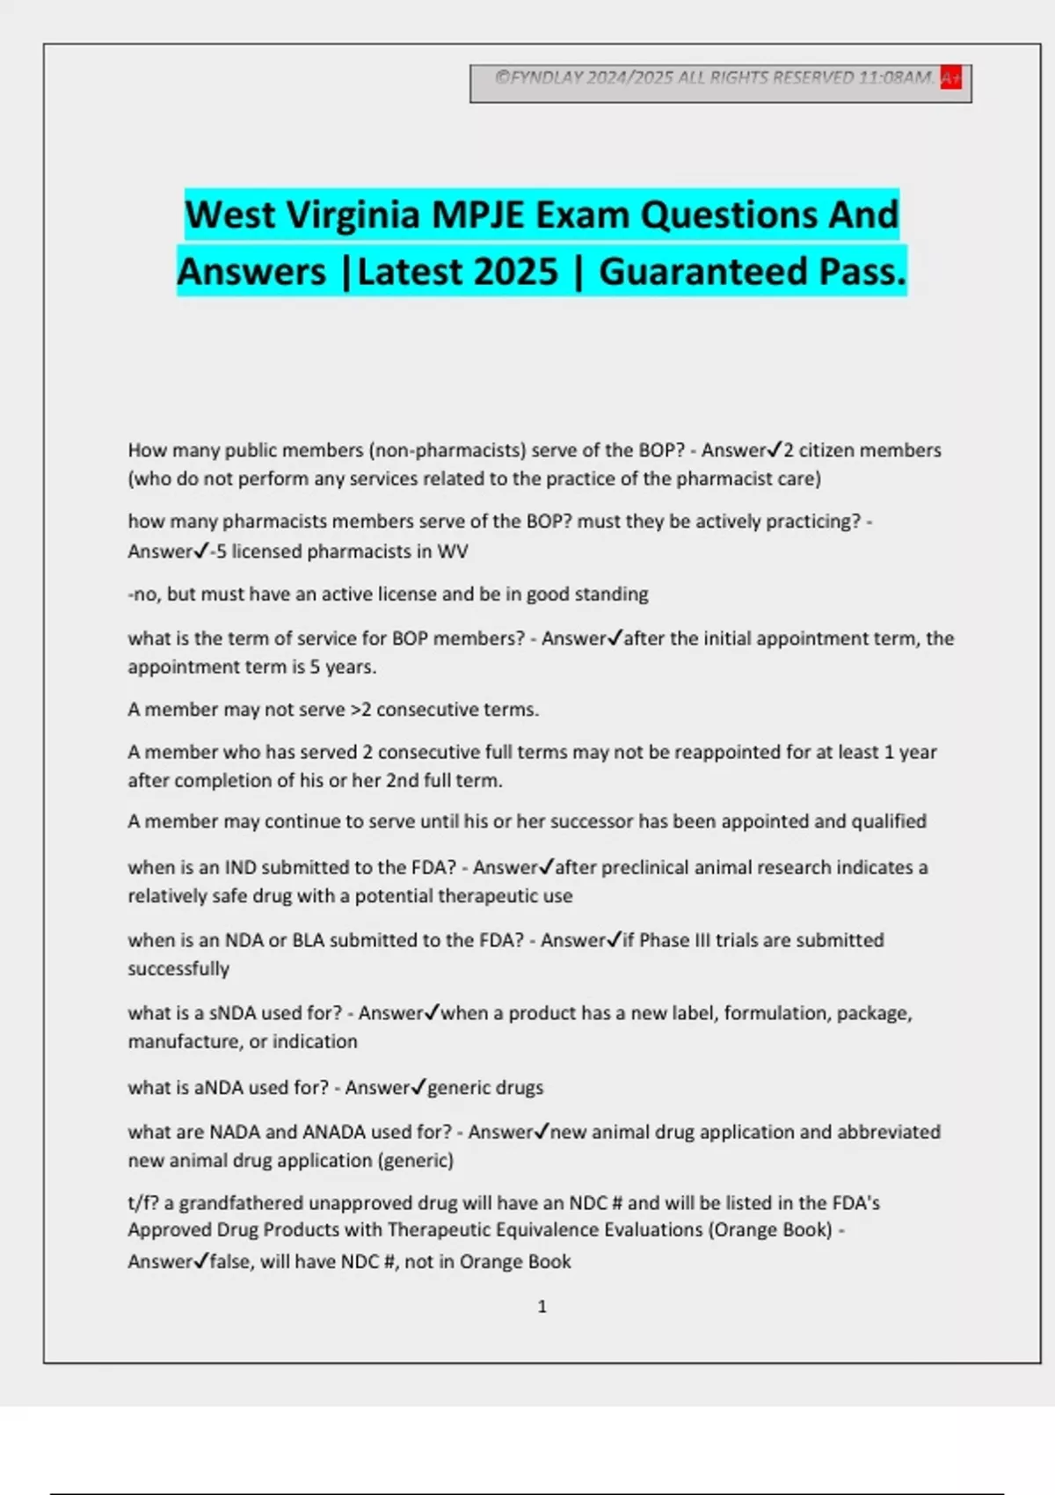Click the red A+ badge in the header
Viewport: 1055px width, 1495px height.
point(950,77)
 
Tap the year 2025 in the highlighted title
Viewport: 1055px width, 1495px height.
point(514,272)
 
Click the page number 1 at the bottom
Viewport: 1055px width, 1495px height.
point(542,1307)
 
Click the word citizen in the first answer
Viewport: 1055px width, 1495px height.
point(824,450)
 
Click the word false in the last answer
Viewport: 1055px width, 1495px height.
point(229,1262)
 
